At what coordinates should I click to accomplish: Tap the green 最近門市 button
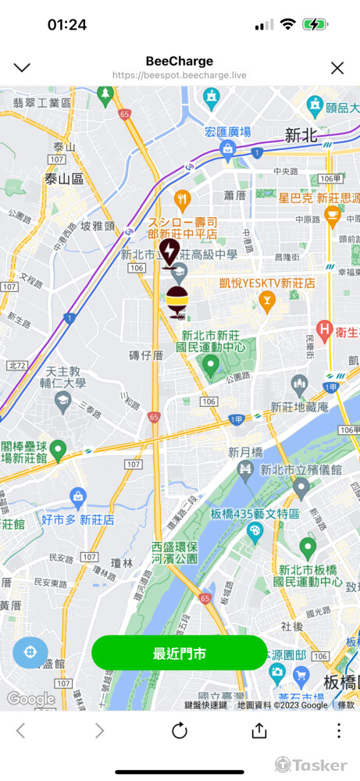180,653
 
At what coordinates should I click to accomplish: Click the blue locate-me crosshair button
30,653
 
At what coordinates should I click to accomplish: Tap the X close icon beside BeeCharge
337,68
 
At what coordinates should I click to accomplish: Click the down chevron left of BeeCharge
22,68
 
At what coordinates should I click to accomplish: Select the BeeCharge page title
179,61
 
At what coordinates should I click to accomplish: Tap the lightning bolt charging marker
169,251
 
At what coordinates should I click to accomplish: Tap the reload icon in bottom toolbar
180,731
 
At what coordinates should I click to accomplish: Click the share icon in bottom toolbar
259,731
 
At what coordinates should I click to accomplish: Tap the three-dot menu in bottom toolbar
338,731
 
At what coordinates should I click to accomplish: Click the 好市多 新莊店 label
78,519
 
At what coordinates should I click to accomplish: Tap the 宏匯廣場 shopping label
227,132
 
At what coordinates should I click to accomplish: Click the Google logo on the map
31,699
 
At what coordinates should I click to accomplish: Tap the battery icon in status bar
315,25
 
